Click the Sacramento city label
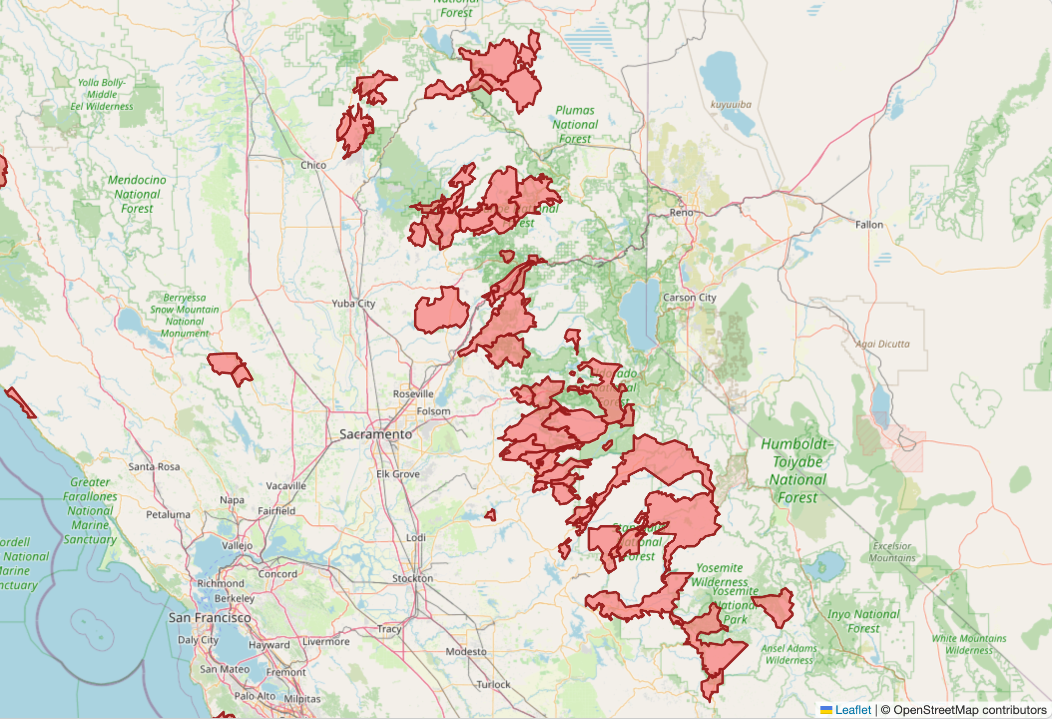[376, 434]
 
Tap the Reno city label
[681, 212]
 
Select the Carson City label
[689, 297]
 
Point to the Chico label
[313, 165]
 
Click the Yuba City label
[353, 303]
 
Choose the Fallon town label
[869, 225]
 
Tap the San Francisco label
[210, 618]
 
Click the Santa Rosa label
[154, 466]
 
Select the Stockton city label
[412, 578]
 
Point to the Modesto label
[466, 651]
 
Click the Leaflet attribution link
[852, 710]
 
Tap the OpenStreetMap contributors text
[970, 710]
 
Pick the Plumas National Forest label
[575, 124]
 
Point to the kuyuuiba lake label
[731, 104]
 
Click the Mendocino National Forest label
[137, 194]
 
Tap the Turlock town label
[493, 684]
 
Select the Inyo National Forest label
[863, 621]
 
